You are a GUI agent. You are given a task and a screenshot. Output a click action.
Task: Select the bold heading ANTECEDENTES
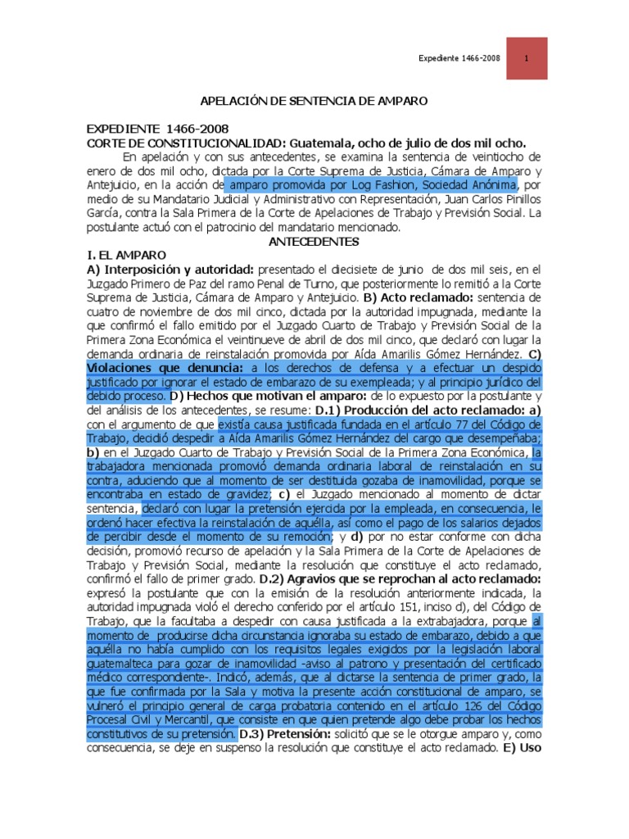tap(314, 242)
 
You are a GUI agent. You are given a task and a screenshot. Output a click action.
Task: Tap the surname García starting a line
tap(103, 212)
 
